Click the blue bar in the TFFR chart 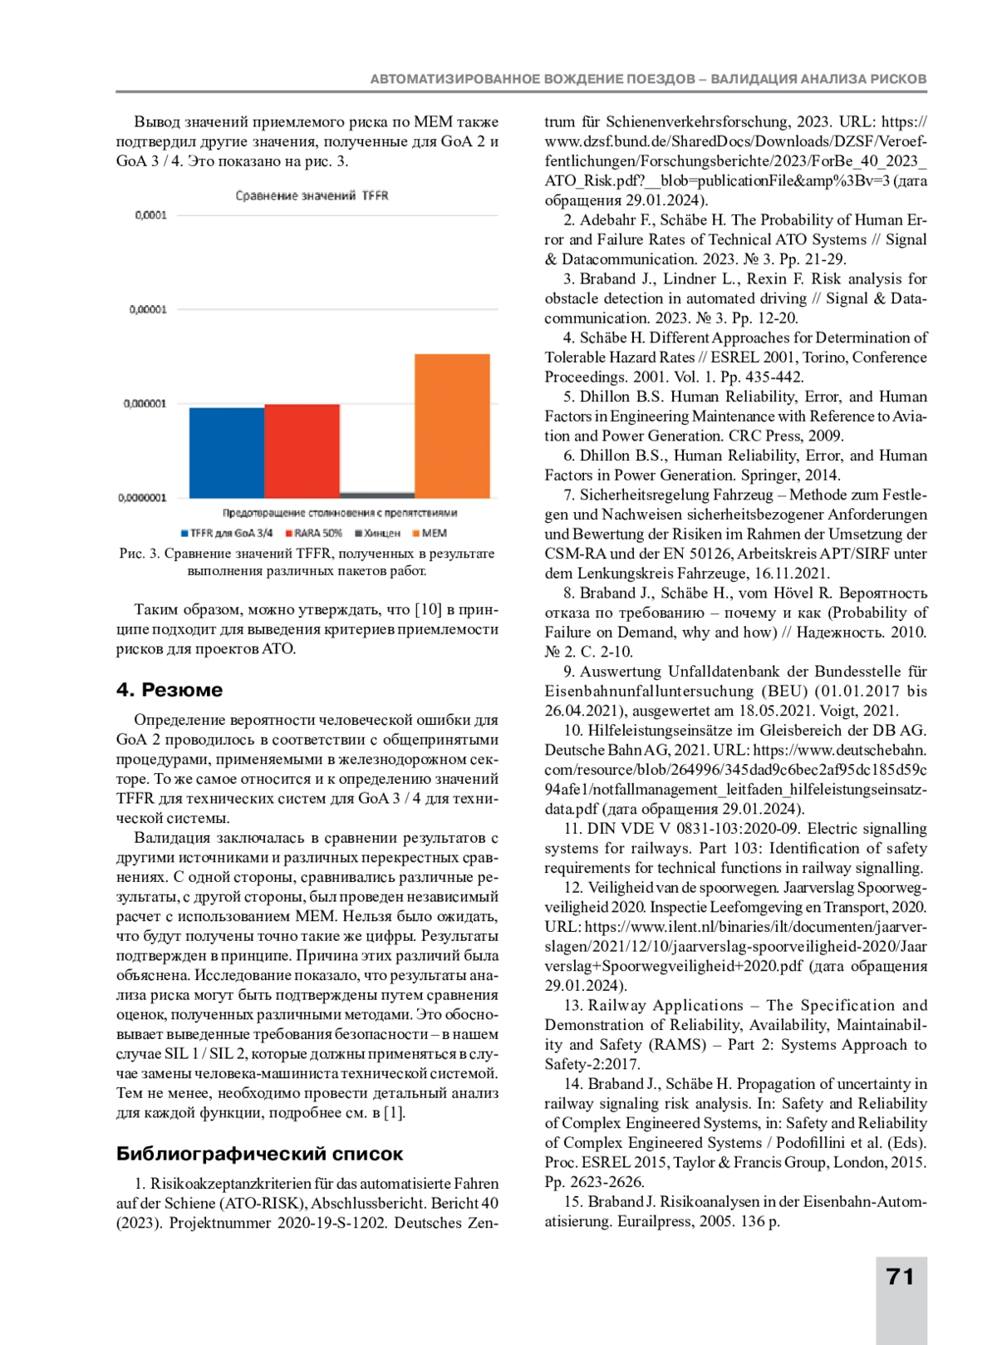point(227,453)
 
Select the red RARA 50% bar point(302,451)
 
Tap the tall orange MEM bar point(452,426)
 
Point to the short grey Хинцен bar point(377,495)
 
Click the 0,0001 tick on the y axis point(150,215)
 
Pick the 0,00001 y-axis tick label point(148,309)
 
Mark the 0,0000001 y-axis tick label point(143,498)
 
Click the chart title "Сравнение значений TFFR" point(312,195)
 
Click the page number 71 point(901,1277)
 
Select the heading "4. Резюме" point(169,689)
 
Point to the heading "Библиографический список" point(259,1153)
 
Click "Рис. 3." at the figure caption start point(140,554)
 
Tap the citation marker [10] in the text point(428,609)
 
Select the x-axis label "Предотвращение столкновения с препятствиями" point(339,513)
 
